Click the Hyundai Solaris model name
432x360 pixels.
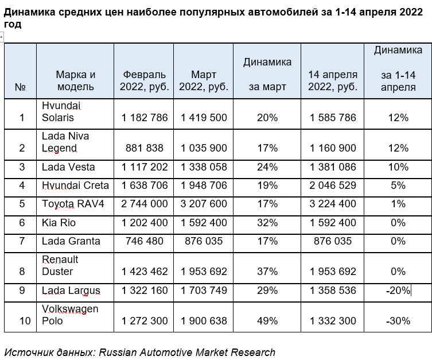[x=61, y=111]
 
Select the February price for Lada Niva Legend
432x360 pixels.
[x=145, y=148]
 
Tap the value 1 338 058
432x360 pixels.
[x=204, y=167]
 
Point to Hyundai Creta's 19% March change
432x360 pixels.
[x=267, y=185]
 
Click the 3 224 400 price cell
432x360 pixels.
[x=333, y=204]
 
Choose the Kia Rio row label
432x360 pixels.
[x=59, y=223]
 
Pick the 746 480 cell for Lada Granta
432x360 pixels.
[x=145, y=241]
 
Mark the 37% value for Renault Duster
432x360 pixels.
[x=267, y=272]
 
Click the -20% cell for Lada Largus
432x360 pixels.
[x=398, y=291]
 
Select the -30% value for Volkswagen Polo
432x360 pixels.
[x=398, y=321]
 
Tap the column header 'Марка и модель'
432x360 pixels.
[x=76, y=80]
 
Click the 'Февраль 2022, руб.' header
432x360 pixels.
[x=145, y=80]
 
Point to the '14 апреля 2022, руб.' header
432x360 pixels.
[x=333, y=80]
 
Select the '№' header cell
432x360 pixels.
[x=21, y=87]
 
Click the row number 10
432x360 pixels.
[x=25, y=321]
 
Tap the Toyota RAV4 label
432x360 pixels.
[x=73, y=204]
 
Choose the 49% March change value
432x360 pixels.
[x=267, y=321]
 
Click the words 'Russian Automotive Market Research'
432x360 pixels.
[x=187, y=353]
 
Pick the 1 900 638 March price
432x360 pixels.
[x=204, y=321]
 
